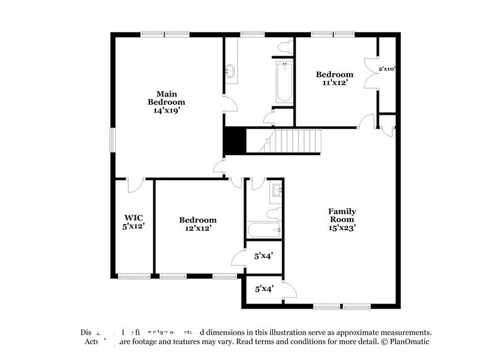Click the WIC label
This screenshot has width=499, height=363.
coord(134,217)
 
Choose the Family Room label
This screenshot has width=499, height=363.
coord(342,215)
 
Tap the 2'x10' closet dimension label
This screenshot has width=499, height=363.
coord(387,69)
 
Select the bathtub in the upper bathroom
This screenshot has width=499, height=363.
coord(283,83)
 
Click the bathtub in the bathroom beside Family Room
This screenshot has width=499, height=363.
coord(265,230)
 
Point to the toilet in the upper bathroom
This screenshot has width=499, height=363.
coord(284,47)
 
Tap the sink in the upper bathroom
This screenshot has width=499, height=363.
coord(231,70)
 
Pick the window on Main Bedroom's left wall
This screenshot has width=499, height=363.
coord(112,139)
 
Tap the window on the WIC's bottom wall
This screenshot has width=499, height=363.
coord(134,276)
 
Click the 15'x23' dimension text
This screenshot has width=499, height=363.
coord(342,228)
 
